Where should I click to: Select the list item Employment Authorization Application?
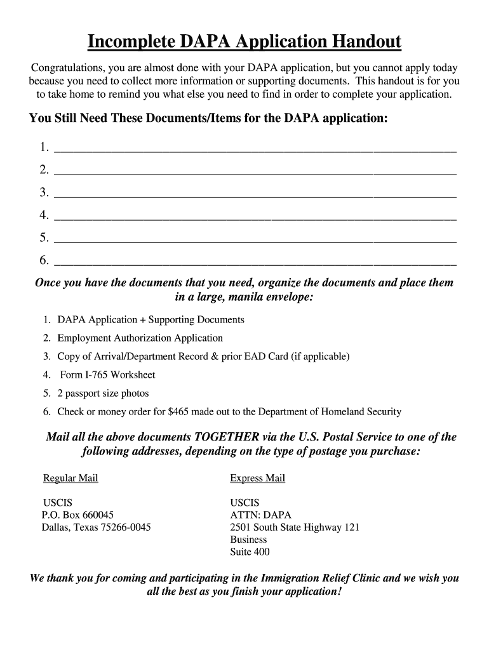[x=140, y=338]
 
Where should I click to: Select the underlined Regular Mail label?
[x=70, y=479]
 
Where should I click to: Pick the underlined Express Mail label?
[x=257, y=479]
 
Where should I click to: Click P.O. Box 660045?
[x=78, y=515]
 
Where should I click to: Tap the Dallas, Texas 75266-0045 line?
[x=97, y=527]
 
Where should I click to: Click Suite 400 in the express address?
[x=250, y=552]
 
